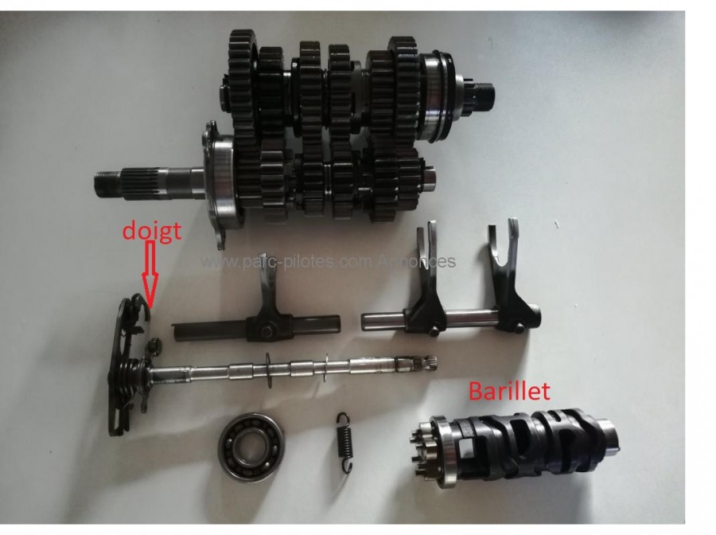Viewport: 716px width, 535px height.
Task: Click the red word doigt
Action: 152,231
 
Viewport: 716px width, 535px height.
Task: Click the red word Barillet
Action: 510,392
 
